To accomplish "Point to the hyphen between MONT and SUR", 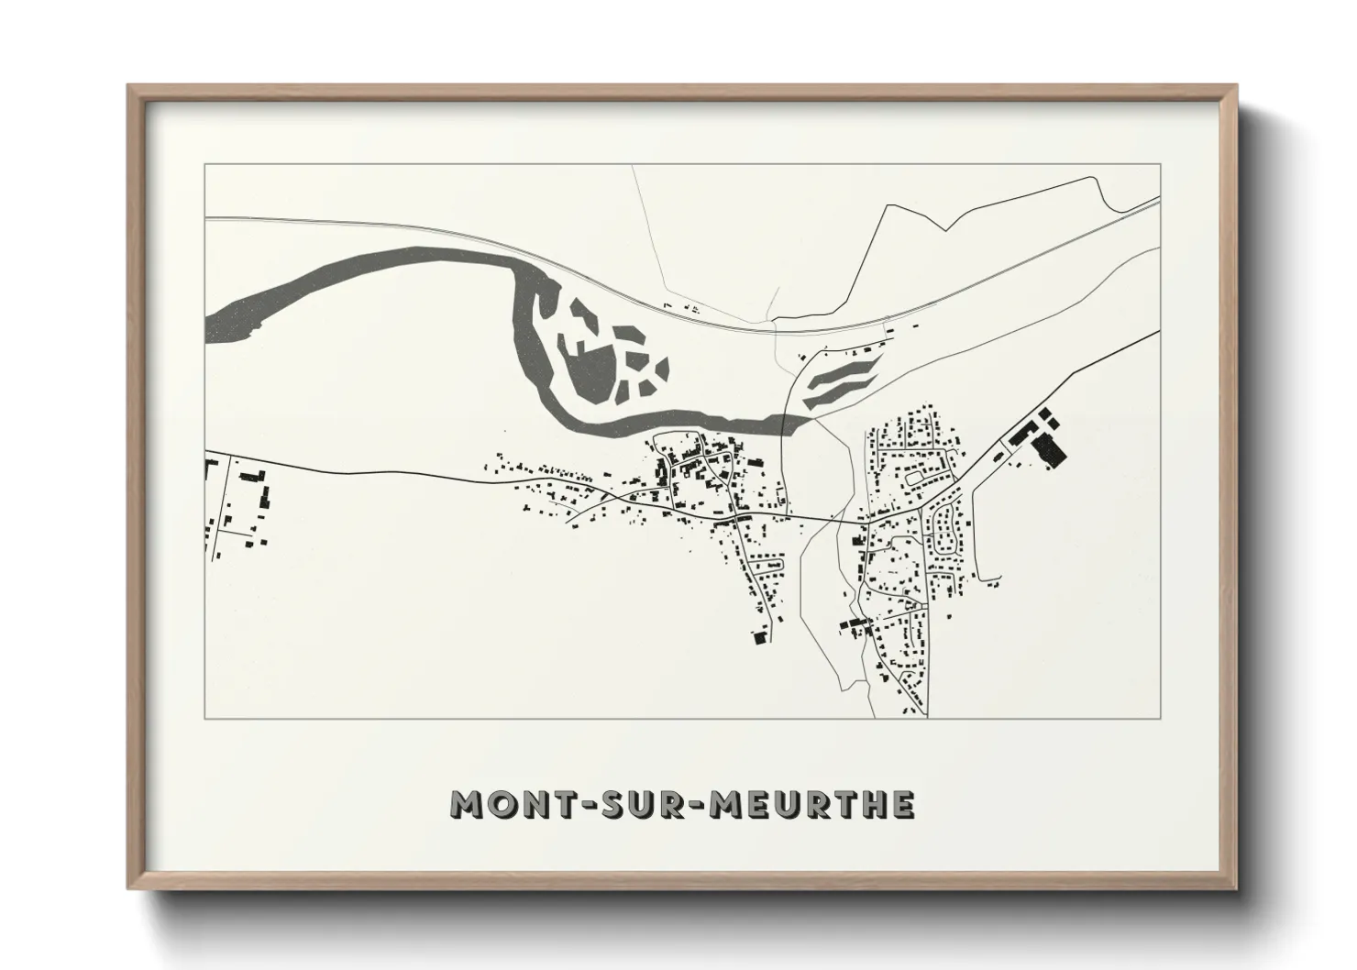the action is click(x=578, y=805).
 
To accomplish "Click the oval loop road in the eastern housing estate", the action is click(x=918, y=476).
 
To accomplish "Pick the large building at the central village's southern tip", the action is click(x=759, y=637).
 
